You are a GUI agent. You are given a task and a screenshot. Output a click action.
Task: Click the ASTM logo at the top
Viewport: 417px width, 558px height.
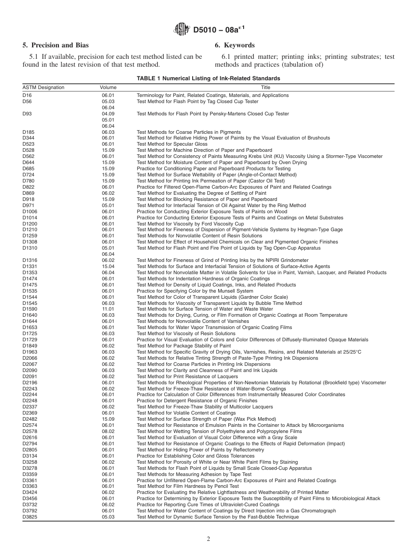coord(181,30)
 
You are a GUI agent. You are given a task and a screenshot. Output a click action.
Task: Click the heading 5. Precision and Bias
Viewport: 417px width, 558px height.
coord(55,45)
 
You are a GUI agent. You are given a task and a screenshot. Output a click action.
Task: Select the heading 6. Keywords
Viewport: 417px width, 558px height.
coord(234,45)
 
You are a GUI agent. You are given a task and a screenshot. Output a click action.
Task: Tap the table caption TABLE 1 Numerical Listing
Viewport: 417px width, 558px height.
coord(208,79)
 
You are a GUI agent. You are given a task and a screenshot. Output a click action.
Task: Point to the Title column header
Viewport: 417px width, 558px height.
coord(266,87)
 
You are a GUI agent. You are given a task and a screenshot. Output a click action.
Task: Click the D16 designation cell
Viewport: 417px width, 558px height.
coord(27,95)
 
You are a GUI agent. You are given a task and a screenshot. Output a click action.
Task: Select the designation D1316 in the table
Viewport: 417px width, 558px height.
coord(30,260)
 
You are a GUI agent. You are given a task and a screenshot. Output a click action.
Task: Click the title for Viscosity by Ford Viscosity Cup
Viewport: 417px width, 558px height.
coord(190,223)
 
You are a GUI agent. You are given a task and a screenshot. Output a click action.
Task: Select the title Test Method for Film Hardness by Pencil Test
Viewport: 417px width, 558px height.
coord(188,486)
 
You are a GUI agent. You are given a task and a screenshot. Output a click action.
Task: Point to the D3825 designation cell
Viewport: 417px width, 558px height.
coord(30,517)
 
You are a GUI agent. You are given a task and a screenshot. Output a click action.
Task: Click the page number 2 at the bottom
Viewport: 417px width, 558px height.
coord(208,539)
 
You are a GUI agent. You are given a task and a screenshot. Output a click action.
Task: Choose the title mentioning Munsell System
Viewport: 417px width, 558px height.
coord(195,291)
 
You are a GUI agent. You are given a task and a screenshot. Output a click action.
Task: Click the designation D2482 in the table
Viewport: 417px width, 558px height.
coord(30,419)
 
